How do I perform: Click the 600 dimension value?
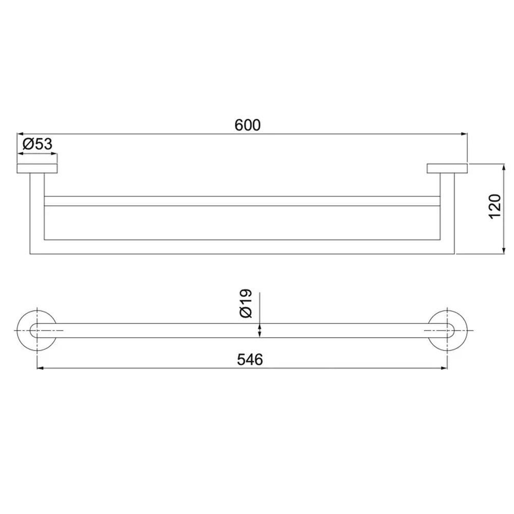(248, 125)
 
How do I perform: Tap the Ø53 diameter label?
(38, 143)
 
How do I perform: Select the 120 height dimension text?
(495, 207)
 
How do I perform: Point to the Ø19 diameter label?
(246, 303)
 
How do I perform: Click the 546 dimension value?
(250, 360)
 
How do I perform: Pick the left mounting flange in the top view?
(37, 168)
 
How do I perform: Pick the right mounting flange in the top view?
(447, 168)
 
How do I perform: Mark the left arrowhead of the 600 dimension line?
(20, 134)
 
